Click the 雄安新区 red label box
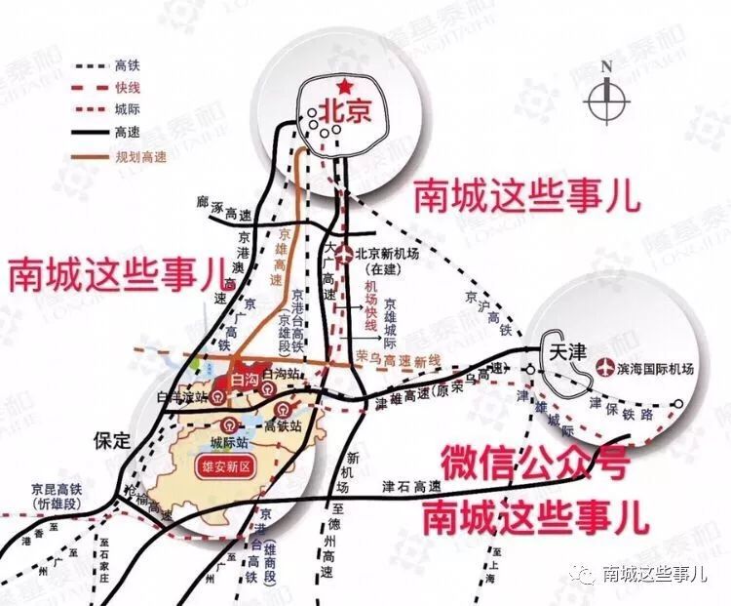pyautogui.click(x=225, y=465)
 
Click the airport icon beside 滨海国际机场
pyautogui.click(x=604, y=371)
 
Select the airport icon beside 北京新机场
pyautogui.click(x=352, y=255)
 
